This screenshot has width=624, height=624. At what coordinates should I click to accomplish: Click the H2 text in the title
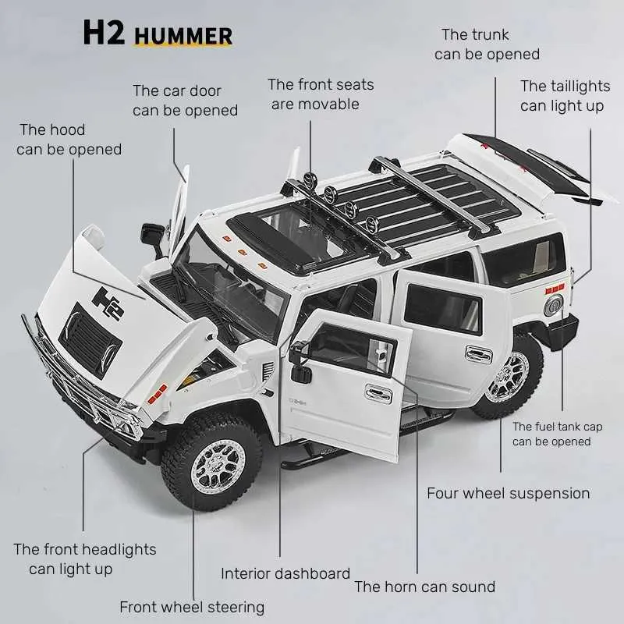(104, 34)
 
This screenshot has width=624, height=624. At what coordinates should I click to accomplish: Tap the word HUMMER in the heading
(183, 36)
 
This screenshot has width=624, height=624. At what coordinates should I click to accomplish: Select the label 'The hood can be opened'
(69, 139)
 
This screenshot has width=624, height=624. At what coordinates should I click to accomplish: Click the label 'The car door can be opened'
(184, 101)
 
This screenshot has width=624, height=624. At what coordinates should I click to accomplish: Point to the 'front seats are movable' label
(320, 94)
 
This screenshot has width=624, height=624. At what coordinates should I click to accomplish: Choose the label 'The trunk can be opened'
(487, 44)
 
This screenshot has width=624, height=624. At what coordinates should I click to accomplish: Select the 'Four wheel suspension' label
(508, 493)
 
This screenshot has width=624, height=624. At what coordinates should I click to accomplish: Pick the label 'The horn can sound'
(424, 587)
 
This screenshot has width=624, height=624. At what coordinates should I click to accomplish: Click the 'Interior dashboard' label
(285, 573)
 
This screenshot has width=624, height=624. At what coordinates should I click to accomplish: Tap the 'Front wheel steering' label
(192, 607)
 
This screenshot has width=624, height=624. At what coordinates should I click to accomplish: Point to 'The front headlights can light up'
(84, 558)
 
